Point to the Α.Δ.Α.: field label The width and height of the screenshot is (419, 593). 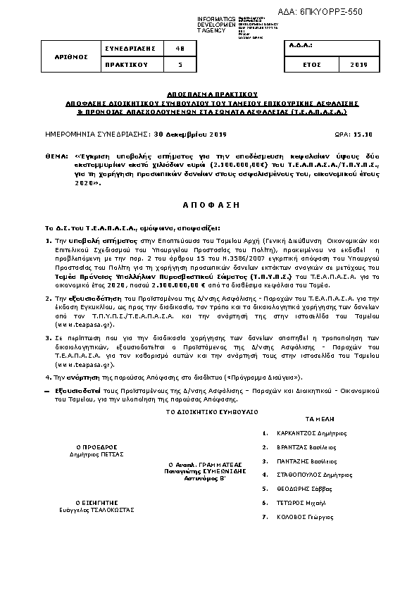click(300, 47)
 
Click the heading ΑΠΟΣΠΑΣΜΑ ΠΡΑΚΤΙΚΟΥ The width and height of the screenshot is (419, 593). click(208, 93)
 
